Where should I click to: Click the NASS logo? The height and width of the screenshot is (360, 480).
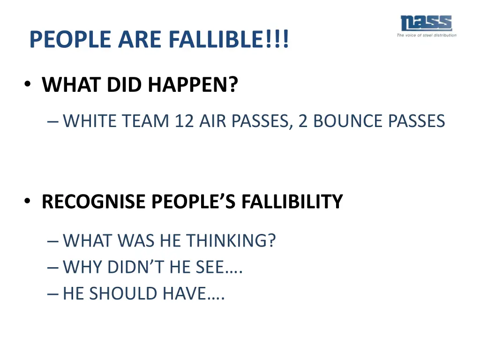pos(426,23)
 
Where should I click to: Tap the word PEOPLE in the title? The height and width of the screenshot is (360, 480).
pos(70,40)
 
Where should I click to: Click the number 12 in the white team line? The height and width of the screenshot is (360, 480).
pos(184,121)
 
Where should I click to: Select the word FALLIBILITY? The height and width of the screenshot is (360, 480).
pos(292,202)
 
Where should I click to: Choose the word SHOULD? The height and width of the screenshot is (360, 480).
pos(123,293)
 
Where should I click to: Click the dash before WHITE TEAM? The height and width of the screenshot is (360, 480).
pos(52,121)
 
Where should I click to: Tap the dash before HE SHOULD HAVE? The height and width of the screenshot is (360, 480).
pos(52,294)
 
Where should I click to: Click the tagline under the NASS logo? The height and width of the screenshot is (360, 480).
pos(426,35)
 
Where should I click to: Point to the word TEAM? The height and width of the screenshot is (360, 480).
pos(146,121)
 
